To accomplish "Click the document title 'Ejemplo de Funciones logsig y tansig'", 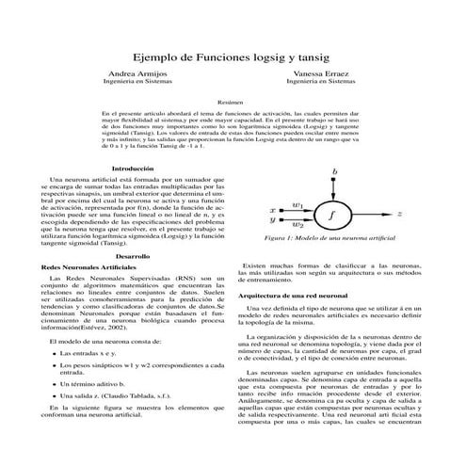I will coord(233,56).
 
